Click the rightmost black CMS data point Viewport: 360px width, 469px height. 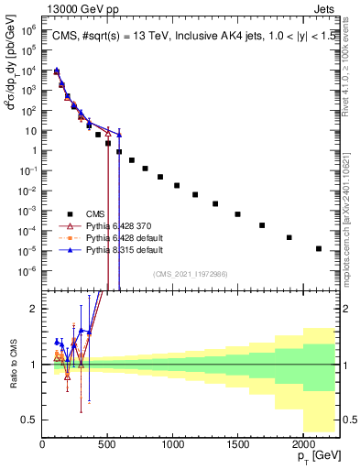point(319,248)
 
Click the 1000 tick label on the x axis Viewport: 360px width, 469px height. point(173,443)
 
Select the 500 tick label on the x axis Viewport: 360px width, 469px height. point(108,443)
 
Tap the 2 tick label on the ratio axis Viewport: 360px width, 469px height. point(36,309)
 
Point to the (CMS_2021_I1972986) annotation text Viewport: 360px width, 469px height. point(191,274)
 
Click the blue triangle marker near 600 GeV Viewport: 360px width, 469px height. point(120,135)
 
